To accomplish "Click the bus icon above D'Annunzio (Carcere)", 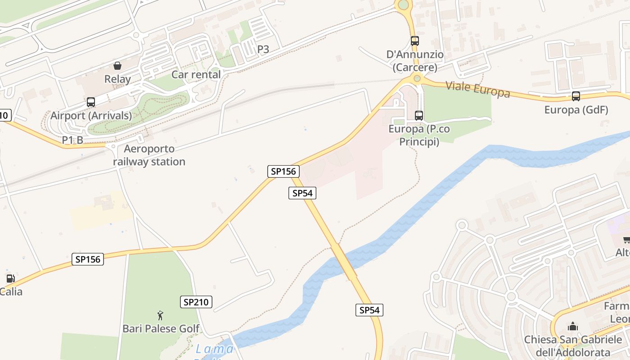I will coord(415,41).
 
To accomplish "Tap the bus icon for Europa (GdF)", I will coord(576,96).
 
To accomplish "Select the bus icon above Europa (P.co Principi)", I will coord(419,116).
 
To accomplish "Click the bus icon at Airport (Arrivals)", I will coord(91,102).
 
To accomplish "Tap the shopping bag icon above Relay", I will coord(117,66).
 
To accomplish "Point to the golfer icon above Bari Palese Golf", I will coord(160,315).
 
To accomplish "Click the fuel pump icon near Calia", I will coord(11,279).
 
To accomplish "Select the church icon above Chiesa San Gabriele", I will coord(572,326).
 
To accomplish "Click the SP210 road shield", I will coord(197,302).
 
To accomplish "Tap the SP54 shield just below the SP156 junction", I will coord(302,193).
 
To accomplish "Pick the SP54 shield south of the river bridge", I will coord(369,310).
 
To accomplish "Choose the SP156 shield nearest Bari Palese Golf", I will coord(88,259).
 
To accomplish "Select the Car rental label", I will coord(196,75).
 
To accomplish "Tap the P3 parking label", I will coord(263,49).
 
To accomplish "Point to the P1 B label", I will coord(72,140).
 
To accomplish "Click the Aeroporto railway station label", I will coord(149,155).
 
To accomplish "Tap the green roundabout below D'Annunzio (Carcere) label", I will coord(417,79).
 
